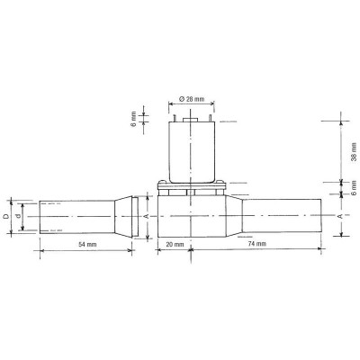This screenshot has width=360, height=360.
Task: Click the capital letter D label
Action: [x=6, y=216]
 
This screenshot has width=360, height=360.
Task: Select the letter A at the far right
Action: [x=337, y=216]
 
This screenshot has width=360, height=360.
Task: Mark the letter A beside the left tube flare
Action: [x=146, y=216]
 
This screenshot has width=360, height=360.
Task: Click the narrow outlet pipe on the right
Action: [x=283, y=216]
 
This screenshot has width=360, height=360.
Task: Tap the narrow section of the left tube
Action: [x=76, y=216]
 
